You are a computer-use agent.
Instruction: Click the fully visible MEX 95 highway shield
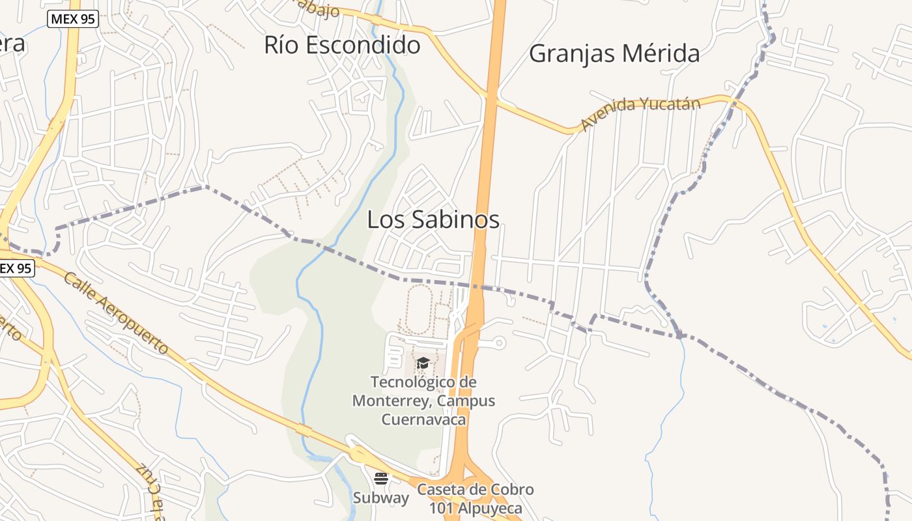[x=73, y=19]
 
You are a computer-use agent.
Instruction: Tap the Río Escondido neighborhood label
[x=342, y=45]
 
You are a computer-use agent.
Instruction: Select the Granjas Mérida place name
[x=614, y=53]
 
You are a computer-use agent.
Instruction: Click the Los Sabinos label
[x=433, y=219]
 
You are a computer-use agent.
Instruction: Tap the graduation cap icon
[x=423, y=363]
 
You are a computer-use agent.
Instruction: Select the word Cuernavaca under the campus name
[x=423, y=419]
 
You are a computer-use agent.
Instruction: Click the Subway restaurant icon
[x=381, y=479]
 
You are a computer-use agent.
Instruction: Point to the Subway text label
[x=381, y=498]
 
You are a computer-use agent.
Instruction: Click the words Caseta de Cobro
[x=476, y=489]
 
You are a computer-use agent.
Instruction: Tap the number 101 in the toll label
[x=441, y=507]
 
